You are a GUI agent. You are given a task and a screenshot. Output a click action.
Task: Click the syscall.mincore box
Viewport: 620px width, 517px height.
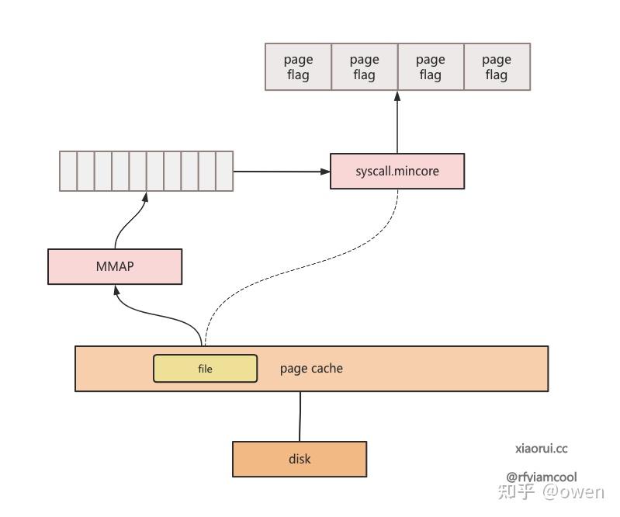pyautogui.click(x=397, y=172)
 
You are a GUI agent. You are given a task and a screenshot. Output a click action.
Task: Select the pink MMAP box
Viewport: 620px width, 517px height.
pyautogui.click(x=115, y=266)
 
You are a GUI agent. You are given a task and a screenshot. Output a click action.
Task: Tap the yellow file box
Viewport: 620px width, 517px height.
pyautogui.click(x=205, y=369)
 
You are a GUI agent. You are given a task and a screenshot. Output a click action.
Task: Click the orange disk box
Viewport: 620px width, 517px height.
pyautogui.click(x=300, y=459)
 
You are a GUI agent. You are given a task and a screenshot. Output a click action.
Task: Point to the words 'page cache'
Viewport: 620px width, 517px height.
pyautogui.click(x=311, y=368)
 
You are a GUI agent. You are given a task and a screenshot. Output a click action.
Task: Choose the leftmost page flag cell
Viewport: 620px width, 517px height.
pyautogui.click(x=298, y=67)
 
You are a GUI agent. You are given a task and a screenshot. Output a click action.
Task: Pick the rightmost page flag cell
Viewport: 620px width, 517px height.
pyautogui.click(x=497, y=67)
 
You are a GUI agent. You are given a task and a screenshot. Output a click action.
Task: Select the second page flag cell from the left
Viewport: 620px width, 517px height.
pyautogui.click(x=364, y=67)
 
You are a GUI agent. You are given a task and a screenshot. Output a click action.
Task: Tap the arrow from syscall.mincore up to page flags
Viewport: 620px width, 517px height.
pyautogui.click(x=397, y=124)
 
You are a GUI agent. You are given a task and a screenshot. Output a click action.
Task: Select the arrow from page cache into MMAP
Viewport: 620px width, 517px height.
pyautogui.click(x=155, y=314)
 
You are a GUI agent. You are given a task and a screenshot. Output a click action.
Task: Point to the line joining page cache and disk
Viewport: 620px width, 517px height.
pyautogui.click(x=300, y=416)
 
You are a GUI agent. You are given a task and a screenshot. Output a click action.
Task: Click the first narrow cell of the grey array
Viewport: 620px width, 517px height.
pyautogui.click(x=68, y=171)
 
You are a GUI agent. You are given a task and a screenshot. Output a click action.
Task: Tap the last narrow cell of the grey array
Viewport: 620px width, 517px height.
pyautogui.click(x=224, y=171)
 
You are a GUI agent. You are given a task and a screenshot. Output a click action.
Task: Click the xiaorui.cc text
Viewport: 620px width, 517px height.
pyautogui.click(x=541, y=449)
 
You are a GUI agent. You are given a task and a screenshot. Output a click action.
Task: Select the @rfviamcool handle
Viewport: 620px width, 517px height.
pyautogui.click(x=541, y=477)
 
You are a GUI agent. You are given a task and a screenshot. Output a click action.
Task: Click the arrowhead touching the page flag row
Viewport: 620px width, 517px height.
pyautogui.click(x=397, y=96)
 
